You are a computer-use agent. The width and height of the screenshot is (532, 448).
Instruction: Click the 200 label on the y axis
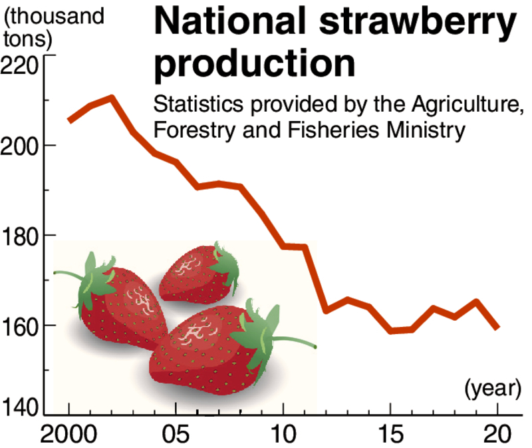click(x=21, y=145)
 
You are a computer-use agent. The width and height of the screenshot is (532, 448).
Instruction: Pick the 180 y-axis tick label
click(x=21, y=236)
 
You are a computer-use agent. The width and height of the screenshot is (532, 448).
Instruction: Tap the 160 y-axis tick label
click(x=21, y=326)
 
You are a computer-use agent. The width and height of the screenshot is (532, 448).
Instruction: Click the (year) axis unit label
click(x=491, y=388)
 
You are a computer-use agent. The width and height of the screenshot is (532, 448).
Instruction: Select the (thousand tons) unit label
click(x=53, y=27)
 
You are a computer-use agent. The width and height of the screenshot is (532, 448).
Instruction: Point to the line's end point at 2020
click(x=497, y=328)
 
